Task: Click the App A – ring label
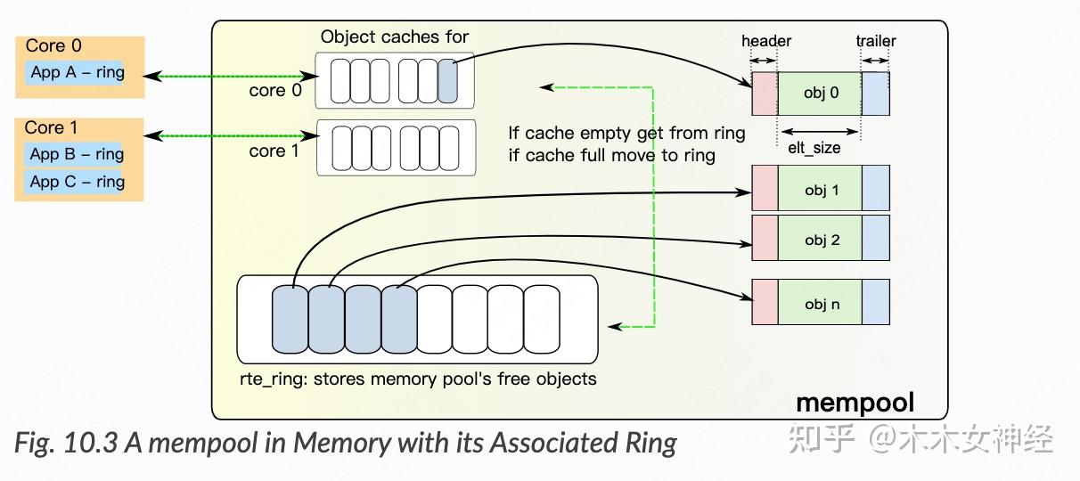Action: (78, 72)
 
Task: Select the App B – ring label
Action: (78, 154)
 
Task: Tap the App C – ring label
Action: (78, 182)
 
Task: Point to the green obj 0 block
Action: (820, 92)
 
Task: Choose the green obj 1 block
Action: (820, 190)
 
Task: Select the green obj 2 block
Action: (820, 240)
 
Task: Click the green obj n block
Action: (820, 304)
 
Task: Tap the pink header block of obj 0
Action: (765, 92)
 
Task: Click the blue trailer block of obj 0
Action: (875, 92)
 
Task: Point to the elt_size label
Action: (814, 148)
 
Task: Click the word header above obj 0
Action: (766, 41)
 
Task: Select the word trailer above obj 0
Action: (876, 41)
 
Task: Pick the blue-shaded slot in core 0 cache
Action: (448, 81)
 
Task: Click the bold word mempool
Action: (855, 403)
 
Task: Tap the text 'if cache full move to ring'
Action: (611, 155)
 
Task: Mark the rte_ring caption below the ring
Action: (417, 379)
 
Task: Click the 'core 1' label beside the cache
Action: (274, 151)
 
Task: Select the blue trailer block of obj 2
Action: (875, 238)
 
